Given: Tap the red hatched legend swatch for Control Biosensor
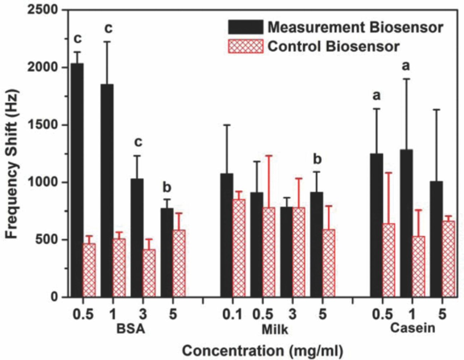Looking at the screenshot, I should [x=245, y=46].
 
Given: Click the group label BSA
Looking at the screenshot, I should [x=130, y=329].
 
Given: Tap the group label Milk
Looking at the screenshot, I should [x=275, y=329].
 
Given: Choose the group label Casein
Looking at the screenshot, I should [x=413, y=328].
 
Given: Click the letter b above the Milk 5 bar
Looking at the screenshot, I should [x=317, y=159].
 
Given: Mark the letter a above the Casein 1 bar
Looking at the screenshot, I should [x=406, y=66].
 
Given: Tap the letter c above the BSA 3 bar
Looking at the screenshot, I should [x=138, y=142].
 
